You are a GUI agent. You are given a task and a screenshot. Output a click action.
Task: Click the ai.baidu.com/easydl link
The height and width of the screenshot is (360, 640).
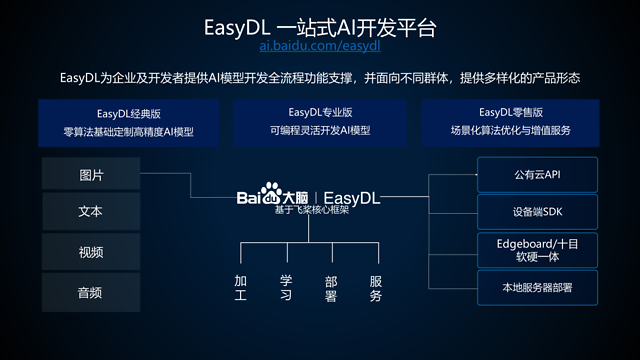pyautogui.click(x=319, y=46)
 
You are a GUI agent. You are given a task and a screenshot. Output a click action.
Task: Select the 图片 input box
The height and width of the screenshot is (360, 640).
pyautogui.click(x=91, y=175)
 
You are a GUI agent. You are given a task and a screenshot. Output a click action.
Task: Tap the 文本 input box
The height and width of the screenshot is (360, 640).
pyautogui.click(x=91, y=213)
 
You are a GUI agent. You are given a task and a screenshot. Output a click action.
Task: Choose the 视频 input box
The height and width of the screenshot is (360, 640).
pyautogui.click(x=91, y=251)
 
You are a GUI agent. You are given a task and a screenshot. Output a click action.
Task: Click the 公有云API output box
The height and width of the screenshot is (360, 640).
pyautogui.click(x=537, y=175)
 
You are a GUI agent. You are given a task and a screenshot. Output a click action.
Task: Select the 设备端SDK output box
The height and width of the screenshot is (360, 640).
pyautogui.click(x=537, y=212)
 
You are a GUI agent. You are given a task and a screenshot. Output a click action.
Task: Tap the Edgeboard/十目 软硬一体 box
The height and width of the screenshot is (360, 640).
pyautogui.click(x=537, y=248)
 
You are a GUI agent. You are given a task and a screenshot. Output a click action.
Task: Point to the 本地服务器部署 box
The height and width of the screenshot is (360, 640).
pyautogui.click(x=537, y=287)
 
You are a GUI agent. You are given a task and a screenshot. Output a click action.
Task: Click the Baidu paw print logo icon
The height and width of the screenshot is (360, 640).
pyautogui.click(x=268, y=196)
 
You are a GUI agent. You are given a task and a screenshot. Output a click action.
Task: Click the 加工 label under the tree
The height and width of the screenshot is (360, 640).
pyautogui.click(x=240, y=288)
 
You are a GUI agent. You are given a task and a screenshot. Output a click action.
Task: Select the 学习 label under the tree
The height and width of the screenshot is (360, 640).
pyautogui.click(x=286, y=288)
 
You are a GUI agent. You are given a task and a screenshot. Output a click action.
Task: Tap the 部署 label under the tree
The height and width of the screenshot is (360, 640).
pyautogui.click(x=331, y=288)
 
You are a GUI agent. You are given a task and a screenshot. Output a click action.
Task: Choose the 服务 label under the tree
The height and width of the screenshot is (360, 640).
pyautogui.click(x=376, y=288)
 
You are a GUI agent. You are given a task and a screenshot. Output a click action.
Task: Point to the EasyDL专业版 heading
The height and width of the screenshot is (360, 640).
pyautogui.click(x=319, y=112)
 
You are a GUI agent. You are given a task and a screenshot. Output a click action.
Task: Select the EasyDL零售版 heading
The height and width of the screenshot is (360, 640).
pyautogui.click(x=509, y=112)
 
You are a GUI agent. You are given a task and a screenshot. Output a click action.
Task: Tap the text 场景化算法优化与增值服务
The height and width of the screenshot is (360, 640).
pyautogui.click(x=509, y=132)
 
